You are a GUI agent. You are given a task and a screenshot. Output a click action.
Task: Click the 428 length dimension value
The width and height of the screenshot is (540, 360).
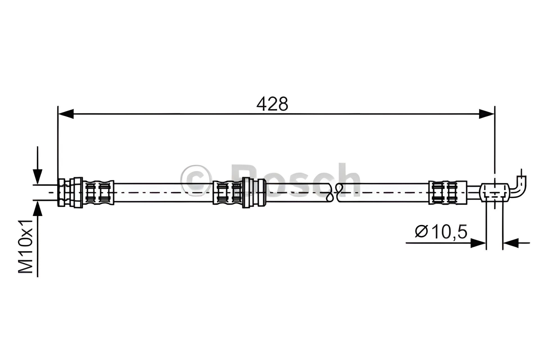tap(272, 104)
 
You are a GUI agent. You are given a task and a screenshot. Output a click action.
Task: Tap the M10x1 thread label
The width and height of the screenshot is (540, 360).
tap(26, 247)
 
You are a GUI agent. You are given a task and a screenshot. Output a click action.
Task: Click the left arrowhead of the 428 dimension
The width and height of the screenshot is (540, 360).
tap(66, 114)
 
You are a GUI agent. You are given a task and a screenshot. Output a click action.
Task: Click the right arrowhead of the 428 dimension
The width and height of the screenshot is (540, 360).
tap(487, 114)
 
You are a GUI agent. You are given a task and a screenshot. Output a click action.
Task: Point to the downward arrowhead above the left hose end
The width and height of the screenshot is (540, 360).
tap(37, 177)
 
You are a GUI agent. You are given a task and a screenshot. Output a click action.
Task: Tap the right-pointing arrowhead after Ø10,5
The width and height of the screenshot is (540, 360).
tap(478, 243)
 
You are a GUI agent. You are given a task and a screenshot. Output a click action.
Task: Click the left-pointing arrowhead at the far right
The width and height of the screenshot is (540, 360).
tap(511, 243)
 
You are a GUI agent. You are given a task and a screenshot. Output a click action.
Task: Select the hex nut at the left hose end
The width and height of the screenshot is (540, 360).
tap(62, 192)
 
